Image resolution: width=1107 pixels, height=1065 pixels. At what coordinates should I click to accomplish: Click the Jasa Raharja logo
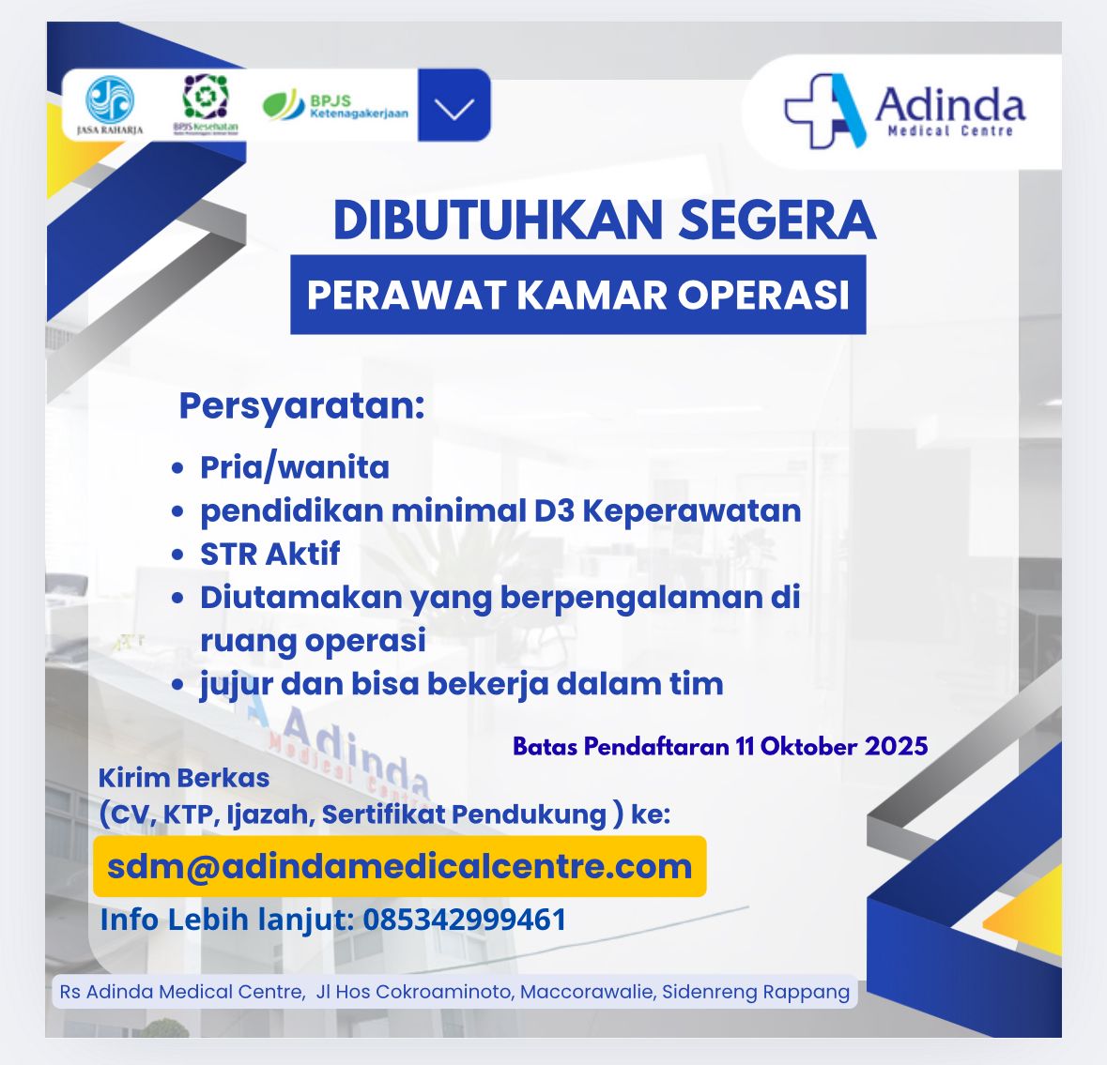[110, 104]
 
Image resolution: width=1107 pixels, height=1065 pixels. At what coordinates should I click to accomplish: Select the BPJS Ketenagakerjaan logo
[335, 105]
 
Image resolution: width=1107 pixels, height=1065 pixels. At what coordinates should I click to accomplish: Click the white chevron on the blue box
[454, 109]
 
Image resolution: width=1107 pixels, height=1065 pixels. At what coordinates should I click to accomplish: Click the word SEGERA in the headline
[777, 221]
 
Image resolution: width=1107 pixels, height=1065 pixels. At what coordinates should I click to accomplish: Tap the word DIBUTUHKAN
[498, 221]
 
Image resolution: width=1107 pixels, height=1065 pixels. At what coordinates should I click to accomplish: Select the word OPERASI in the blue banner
[764, 295]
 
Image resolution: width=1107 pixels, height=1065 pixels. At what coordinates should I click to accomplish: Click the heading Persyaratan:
[301, 406]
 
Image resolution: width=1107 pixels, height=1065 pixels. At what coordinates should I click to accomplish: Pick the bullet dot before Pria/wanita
[177, 468]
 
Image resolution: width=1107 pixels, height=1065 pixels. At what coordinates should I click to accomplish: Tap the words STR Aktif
[269, 554]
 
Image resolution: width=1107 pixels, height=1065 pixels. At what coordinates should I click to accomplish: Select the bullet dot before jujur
[177, 685]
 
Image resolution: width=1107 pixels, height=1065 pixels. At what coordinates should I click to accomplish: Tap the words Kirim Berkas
[183, 778]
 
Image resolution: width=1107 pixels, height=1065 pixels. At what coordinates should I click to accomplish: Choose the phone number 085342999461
[465, 920]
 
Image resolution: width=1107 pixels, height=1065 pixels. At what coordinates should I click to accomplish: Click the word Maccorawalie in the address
[587, 992]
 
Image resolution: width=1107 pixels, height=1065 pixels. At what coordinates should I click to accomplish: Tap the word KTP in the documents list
[189, 814]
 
